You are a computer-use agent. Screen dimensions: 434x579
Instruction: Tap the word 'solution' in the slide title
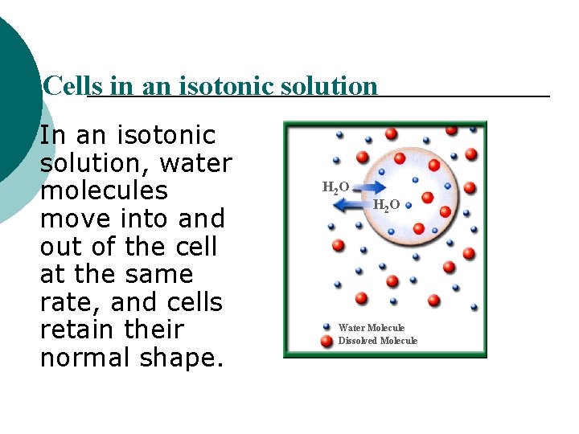coord(331,86)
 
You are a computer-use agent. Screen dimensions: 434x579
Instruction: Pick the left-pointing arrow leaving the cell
coord(348,206)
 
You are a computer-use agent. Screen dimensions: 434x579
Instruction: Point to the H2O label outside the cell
coord(335,188)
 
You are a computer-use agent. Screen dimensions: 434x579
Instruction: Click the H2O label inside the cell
coord(386,206)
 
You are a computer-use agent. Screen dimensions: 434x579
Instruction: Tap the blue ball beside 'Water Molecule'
coord(326,327)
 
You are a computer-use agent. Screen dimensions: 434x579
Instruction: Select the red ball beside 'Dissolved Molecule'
coord(326,340)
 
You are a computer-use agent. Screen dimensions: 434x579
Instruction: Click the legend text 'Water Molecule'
coord(372,328)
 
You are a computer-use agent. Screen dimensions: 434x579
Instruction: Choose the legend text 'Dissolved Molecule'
coord(378,341)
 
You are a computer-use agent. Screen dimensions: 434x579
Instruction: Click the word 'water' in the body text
coord(195,163)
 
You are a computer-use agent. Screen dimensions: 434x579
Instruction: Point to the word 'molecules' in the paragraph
coord(103,191)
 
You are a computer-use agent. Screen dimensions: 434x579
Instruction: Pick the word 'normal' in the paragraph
coord(86,358)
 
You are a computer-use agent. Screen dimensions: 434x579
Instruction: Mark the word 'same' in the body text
coord(162,274)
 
